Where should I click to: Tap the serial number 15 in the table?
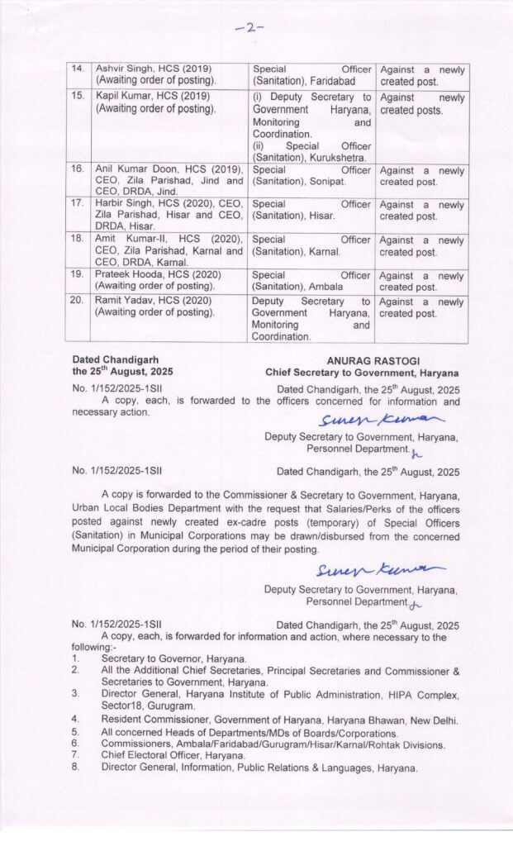point(78,97)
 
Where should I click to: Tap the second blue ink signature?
point(379,570)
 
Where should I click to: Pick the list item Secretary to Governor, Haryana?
point(173,658)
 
